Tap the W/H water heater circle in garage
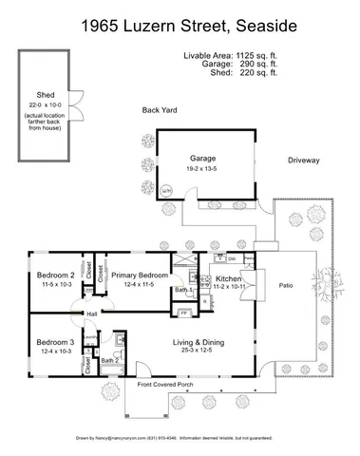tap(167, 191)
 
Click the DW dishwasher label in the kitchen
tap(231, 257)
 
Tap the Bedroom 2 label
tap(55, 275)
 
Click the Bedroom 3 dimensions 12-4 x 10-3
tap(55, 351)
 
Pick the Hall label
tap(92, 314)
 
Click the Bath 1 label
tap(180, 290)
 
